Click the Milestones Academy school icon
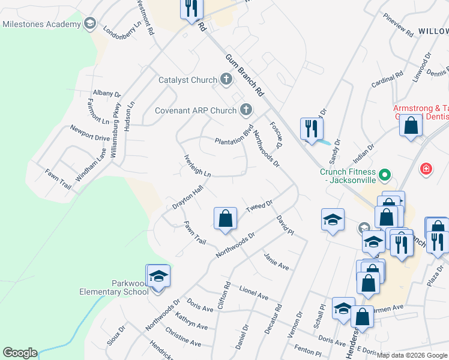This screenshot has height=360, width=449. (x=90, y=24)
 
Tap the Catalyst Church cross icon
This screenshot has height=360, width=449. (x=226, y=79)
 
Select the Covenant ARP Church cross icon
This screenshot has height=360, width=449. (x=246, y=110)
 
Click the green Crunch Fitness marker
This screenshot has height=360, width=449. (x=385, y=175)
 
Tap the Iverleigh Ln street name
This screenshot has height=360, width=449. (x=197, y=165)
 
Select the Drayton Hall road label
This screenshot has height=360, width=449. (x=188, y=197)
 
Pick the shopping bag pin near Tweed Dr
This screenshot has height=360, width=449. (x=225, y=218)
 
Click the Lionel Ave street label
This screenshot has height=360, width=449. (x=253, y=292)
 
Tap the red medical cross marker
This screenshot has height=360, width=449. (x=426, y=169)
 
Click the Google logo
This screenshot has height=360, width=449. (x=20, y=353)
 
